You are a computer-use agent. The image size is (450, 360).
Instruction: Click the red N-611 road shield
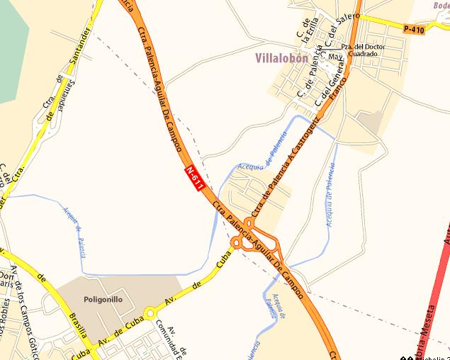tap(195, 176)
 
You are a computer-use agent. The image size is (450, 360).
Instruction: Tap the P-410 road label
tap(414, 29)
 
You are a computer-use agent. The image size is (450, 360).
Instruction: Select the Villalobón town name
tap(281, 59)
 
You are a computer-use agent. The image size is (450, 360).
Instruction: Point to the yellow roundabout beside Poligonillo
tap(150, 313)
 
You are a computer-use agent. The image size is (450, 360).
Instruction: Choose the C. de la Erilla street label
tap(309, 32)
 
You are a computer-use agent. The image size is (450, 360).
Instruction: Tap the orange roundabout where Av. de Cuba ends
tap(236, 243)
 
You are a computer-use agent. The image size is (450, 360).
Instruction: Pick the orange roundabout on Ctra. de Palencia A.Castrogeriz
tap(249, 222)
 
